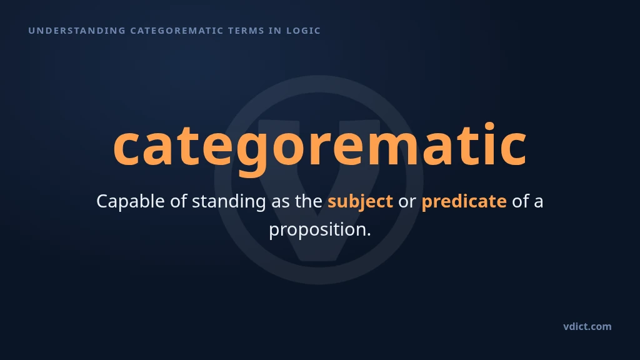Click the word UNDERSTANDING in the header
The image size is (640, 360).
point(77,31)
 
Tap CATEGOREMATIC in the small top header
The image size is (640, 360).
point(177,31)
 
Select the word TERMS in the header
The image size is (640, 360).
point(246,31)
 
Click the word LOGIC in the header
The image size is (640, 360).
point(303,31)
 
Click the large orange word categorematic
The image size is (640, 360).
point(320,147)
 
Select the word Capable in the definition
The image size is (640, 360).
point(130,201)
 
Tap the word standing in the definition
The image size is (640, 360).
point(229,201)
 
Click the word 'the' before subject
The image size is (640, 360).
point(309,201)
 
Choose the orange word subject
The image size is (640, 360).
point(361,201)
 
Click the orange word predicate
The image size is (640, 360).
point(464,201)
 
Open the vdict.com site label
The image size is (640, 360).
point(587,326)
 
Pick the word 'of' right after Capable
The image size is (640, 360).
point(178,201)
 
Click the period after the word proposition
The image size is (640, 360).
point(368,234)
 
